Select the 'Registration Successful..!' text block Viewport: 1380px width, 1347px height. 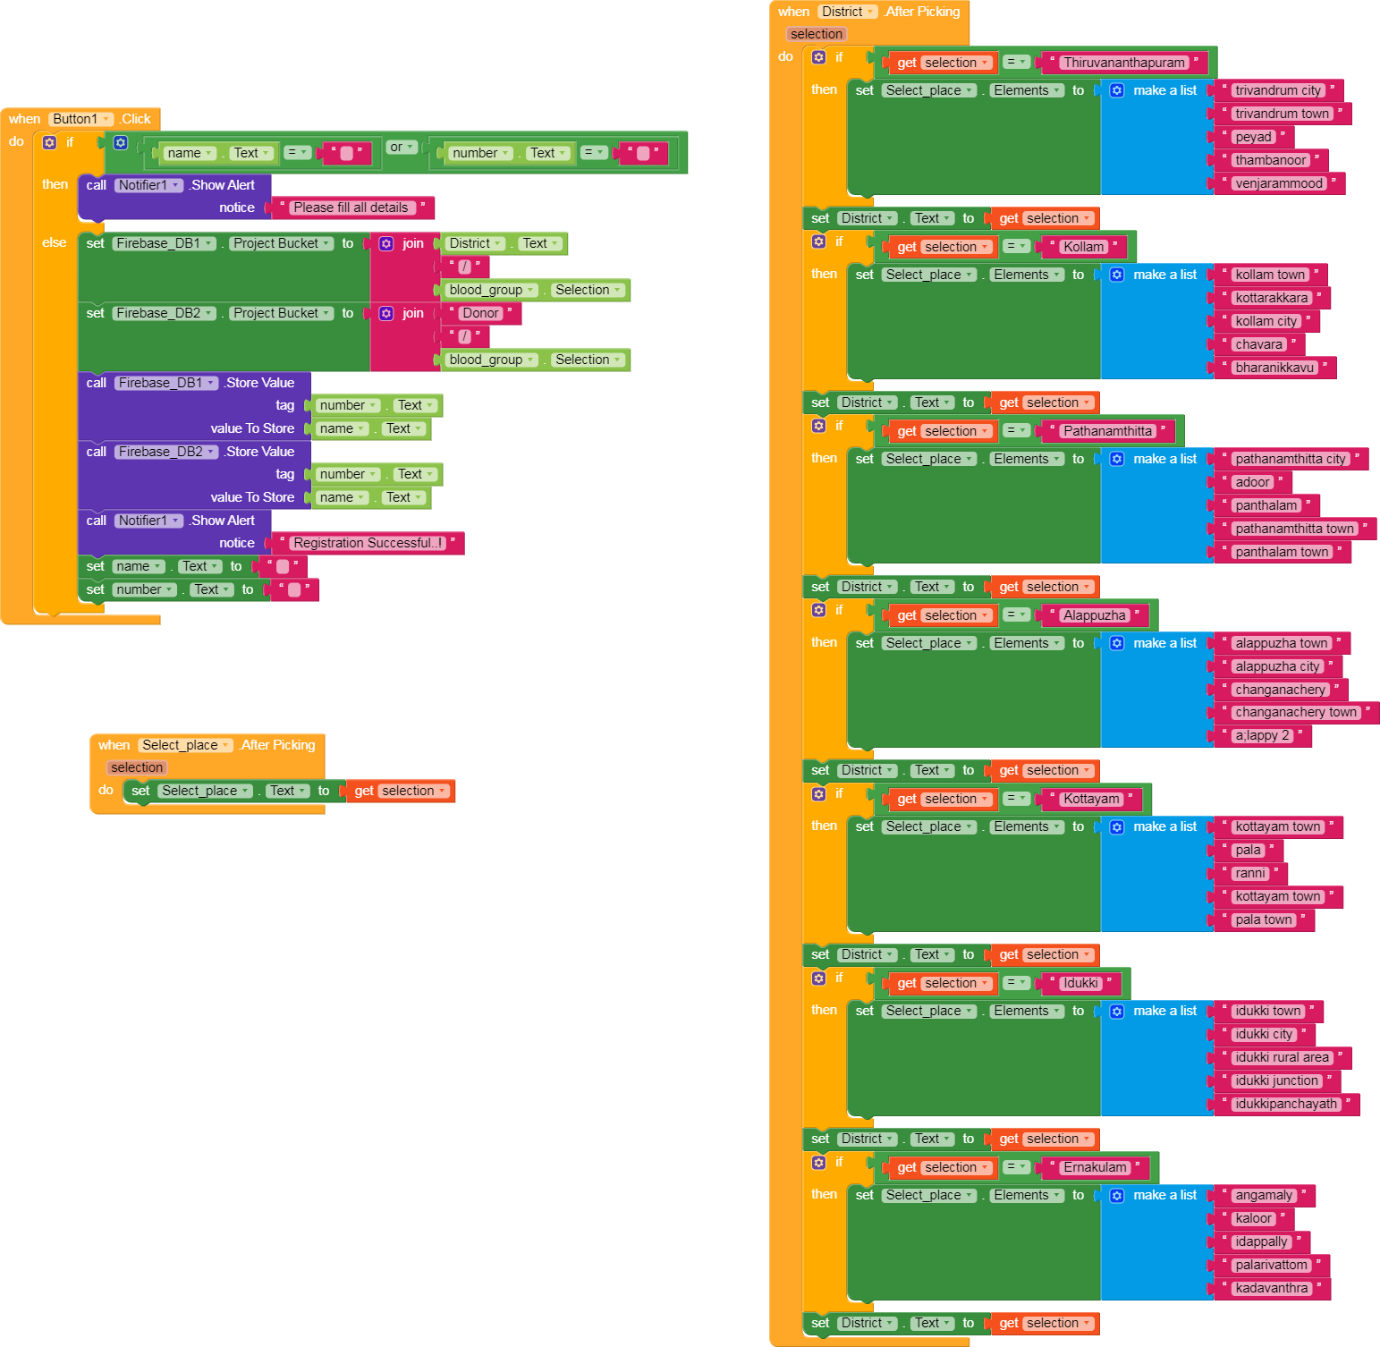(368, 543)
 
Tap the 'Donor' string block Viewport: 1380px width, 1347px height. (480, 313)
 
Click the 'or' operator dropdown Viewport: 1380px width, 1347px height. (402, 147)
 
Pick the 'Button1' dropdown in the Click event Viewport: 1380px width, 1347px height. (81, 119)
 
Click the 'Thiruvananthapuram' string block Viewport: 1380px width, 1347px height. (1124, 63)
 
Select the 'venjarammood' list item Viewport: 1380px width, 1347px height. (1279, 183)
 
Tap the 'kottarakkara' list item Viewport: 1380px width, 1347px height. (1272, 298)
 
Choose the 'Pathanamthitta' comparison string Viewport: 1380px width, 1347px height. (1108, 431)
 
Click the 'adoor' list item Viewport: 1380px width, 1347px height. (1252, 482)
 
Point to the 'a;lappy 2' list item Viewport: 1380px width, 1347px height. (1262, 735)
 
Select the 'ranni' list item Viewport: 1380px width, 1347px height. (1250, 873)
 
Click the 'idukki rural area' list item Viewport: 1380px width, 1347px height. (1282, 1057)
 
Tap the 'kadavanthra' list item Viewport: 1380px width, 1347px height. (1272, 1288)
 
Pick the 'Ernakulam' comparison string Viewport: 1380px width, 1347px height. (1095, 1167)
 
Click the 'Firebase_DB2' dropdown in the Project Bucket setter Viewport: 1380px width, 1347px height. (165, 313)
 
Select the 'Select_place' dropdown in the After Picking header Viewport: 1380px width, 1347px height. (186, 745)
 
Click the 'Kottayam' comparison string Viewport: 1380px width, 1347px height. (1091, 799)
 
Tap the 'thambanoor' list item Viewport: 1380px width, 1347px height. (1271, 160)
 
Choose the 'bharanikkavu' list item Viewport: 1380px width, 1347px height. (1274, 368)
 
